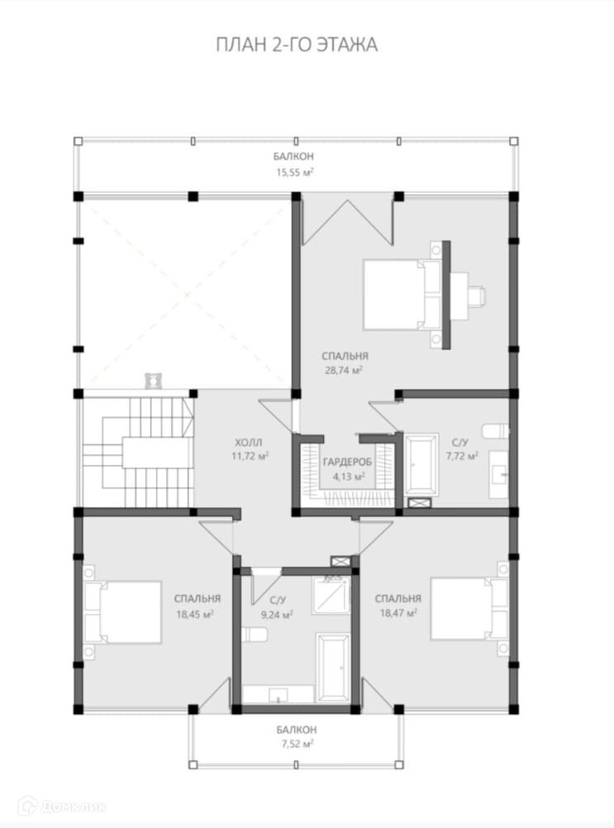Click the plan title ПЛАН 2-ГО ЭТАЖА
(297, 45)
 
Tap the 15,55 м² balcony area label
(294, 172)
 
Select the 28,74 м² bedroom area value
(344, 371)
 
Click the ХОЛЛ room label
(249, 443)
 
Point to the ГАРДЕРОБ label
(347, 463)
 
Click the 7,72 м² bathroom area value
(463, 455)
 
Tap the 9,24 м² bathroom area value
(277, 615)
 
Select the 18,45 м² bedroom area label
(195, 614)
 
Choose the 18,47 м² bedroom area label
(398, 613)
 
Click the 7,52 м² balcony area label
(297, 744)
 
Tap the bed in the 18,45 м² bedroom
(122, 612)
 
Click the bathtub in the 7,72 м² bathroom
(421, 464)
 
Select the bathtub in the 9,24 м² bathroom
(333, 668)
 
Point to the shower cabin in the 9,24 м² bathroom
(331, 595)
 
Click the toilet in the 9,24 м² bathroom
(255, 634)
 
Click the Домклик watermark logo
(62, 807)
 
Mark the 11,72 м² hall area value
(250, 455)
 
